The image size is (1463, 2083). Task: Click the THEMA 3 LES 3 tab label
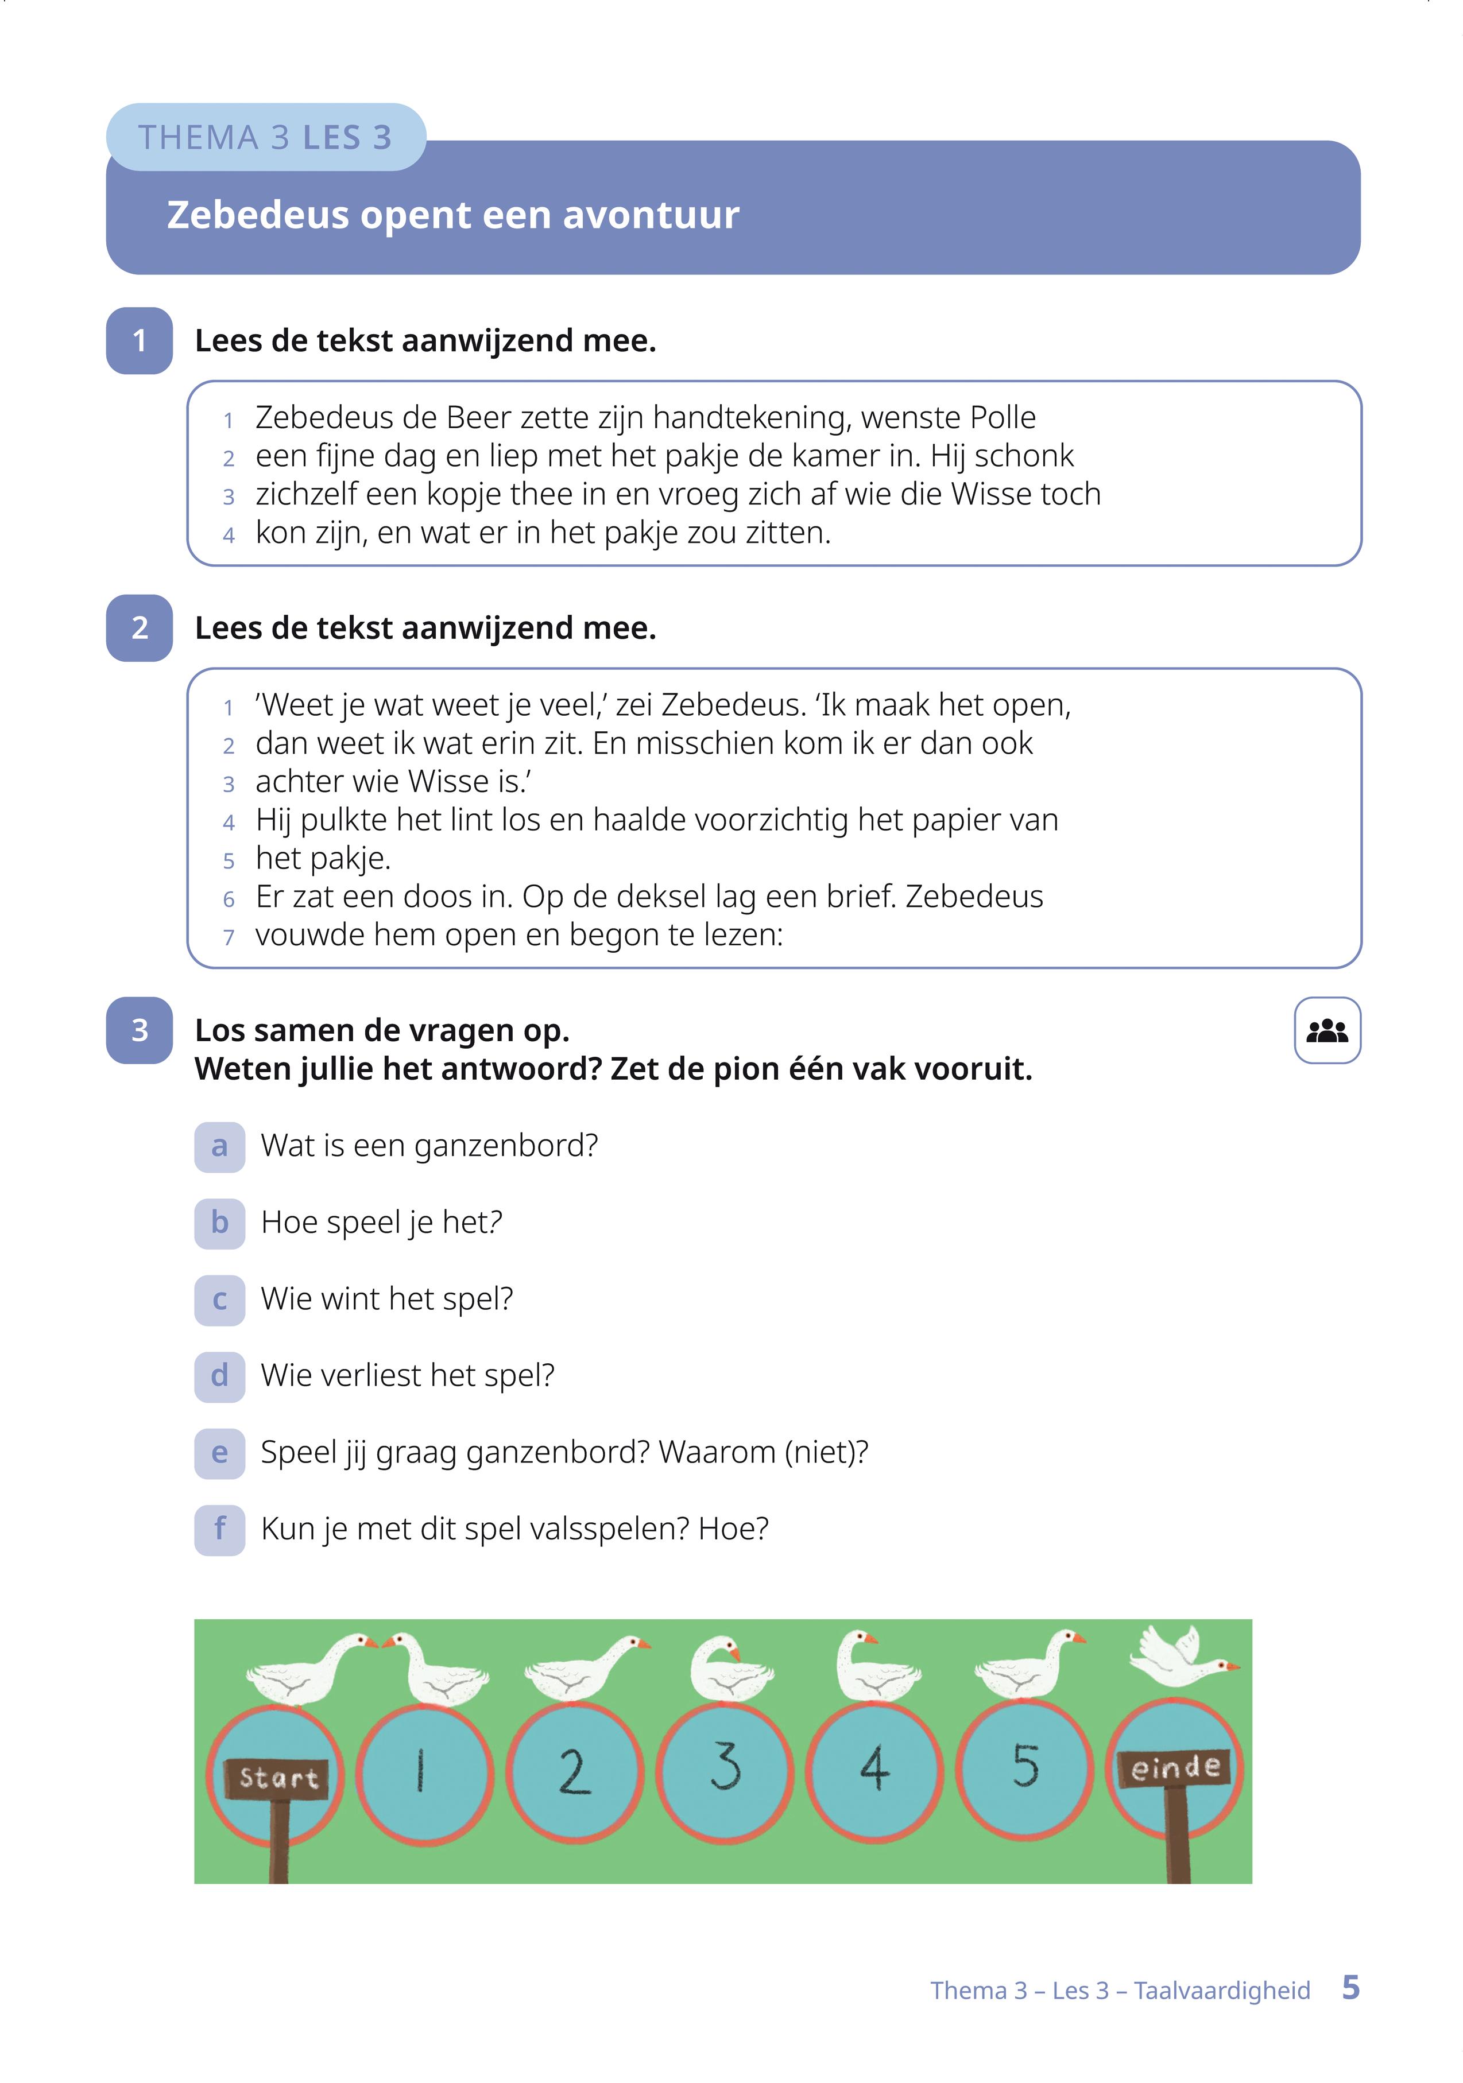click(265, 138)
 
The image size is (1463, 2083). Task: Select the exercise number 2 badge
click(139, 628)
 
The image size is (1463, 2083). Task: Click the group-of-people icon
click(1327, 1031)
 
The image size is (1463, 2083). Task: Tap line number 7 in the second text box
click(229, 937)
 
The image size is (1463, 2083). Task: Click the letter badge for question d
click(220, 1376)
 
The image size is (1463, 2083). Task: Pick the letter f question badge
click(220, 1530)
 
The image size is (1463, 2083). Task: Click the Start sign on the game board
click(278, 1777)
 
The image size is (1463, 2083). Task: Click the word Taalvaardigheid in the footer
click(1222, 1991)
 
